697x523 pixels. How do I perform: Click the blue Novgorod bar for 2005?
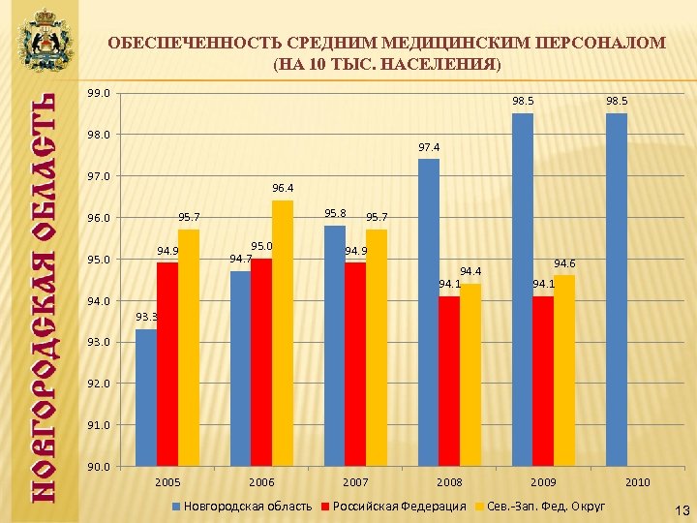pyautogui.click(x=146, y=397)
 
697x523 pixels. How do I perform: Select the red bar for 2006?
pyautogui.click(x=261, y=362)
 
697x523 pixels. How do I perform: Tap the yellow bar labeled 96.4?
pyautogui.click(x=283, y=333)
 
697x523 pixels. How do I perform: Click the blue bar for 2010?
pyautogui.click(x=617, y=290)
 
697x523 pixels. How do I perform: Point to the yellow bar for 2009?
pyautogui.click(x=564, y=370)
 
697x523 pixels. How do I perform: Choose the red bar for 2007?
pyautogui.click(x=355, y=364)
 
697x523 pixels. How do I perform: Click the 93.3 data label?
pyautogui.click(x=146, y=317)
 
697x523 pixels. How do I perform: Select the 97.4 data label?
pyautogui.click(x=429, y=147)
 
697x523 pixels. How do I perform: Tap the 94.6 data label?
pyautogui.click(x=564, y=263)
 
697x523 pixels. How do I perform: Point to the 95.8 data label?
pyautogui.click(x=335, y=213)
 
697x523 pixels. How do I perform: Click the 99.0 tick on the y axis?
pyautogui.click(x=98, y=94)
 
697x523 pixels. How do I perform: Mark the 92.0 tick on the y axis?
pyautogui.click(x=98, y=384)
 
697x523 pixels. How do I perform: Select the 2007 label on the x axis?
pyautogui.click(x=355, y=481)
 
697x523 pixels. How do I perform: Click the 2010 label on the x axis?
pyautogui.click(x=637, y=481)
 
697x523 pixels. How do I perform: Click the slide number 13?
pyautogui.click(x=681, y=509)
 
